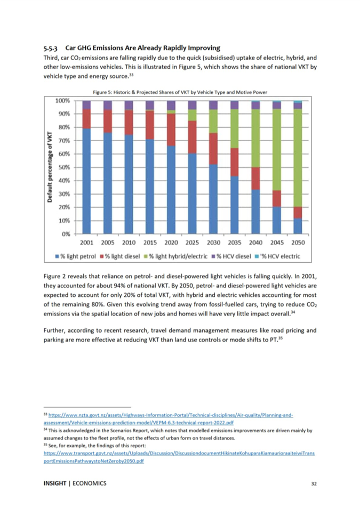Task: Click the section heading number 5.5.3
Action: click(x=51, y=49)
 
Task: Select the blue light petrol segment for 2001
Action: click(x=86, y=181)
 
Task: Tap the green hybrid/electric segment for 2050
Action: click(x=298, y=158)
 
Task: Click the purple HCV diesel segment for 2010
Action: click(x=129, y=105)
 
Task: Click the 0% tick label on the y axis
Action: click(x=66, y=234)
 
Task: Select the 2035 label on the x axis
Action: click(x=234, y=243)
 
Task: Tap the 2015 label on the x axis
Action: click(x=150, y=243)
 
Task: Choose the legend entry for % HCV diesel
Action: click(x=231, y=256)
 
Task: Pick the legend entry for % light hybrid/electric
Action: click(x=175, y=256)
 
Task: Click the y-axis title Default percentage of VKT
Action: click(x=50, y=167)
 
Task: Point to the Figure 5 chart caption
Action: click(x=180, y=92)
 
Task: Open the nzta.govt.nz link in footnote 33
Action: click(x=169, y=419)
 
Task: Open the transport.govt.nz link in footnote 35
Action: click(x=179, y=457)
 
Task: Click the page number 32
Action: click(x=314, y=483)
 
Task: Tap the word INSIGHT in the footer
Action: click(x=55, y=483)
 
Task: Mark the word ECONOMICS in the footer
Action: click(x=90, y=483)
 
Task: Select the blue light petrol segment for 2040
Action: click(x=255, y=212)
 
